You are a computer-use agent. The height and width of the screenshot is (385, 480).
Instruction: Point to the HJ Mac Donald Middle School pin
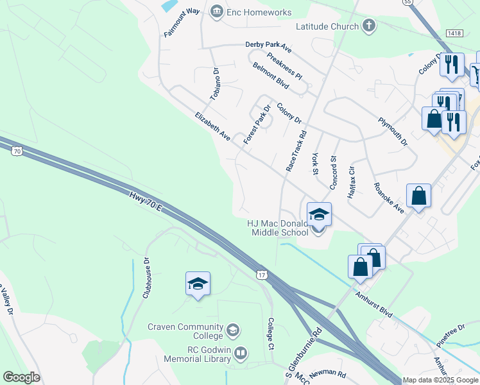(319, 214)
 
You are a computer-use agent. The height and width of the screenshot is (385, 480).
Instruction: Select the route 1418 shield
(454, 33)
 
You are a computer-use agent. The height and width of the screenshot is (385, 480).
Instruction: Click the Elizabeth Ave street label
(212, 126)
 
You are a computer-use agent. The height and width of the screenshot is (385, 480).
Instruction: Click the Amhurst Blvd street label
(373, 303)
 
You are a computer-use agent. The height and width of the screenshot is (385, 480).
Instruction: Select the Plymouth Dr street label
(393, 132)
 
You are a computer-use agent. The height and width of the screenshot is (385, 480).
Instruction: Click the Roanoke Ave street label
(388, 198)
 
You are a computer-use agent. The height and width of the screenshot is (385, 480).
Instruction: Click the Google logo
(21, 377)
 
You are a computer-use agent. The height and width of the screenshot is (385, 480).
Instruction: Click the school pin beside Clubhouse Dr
(198, 284)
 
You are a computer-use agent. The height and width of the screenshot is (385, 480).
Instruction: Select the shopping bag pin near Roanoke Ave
(418, 197)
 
